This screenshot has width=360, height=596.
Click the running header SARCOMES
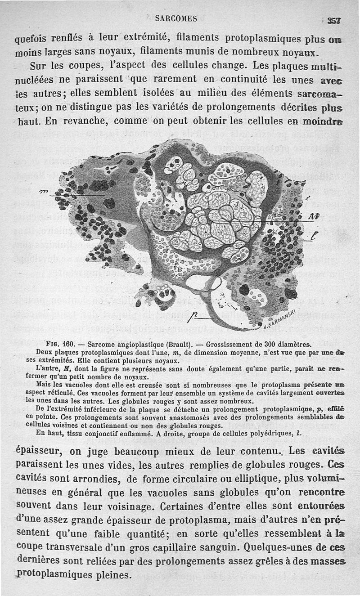[x=176, y=18]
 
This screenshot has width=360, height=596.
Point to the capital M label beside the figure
[x=312, y=216]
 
